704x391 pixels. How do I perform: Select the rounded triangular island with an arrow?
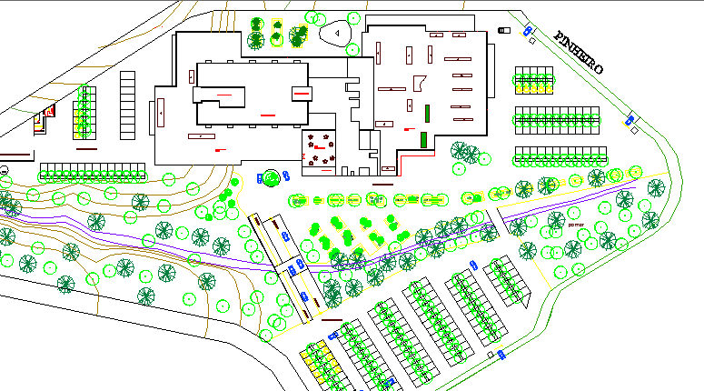(x=337, y=33)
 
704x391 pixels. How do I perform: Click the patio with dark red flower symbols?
(x=320, y=152)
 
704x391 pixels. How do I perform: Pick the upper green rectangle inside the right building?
(x=425, y=113)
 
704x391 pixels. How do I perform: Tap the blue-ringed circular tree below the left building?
(x=271, y=178)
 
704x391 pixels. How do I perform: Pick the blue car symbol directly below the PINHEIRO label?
(x=630, y=118)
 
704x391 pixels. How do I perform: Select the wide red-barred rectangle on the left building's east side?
(x=301, y=93)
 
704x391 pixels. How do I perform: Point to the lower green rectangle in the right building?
(x=424, y=139)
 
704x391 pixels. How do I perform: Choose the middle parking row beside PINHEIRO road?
(x=558, y=119)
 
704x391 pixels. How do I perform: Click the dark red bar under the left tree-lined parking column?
(x=86, y=148)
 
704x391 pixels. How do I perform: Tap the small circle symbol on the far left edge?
(x=5, y=170)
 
